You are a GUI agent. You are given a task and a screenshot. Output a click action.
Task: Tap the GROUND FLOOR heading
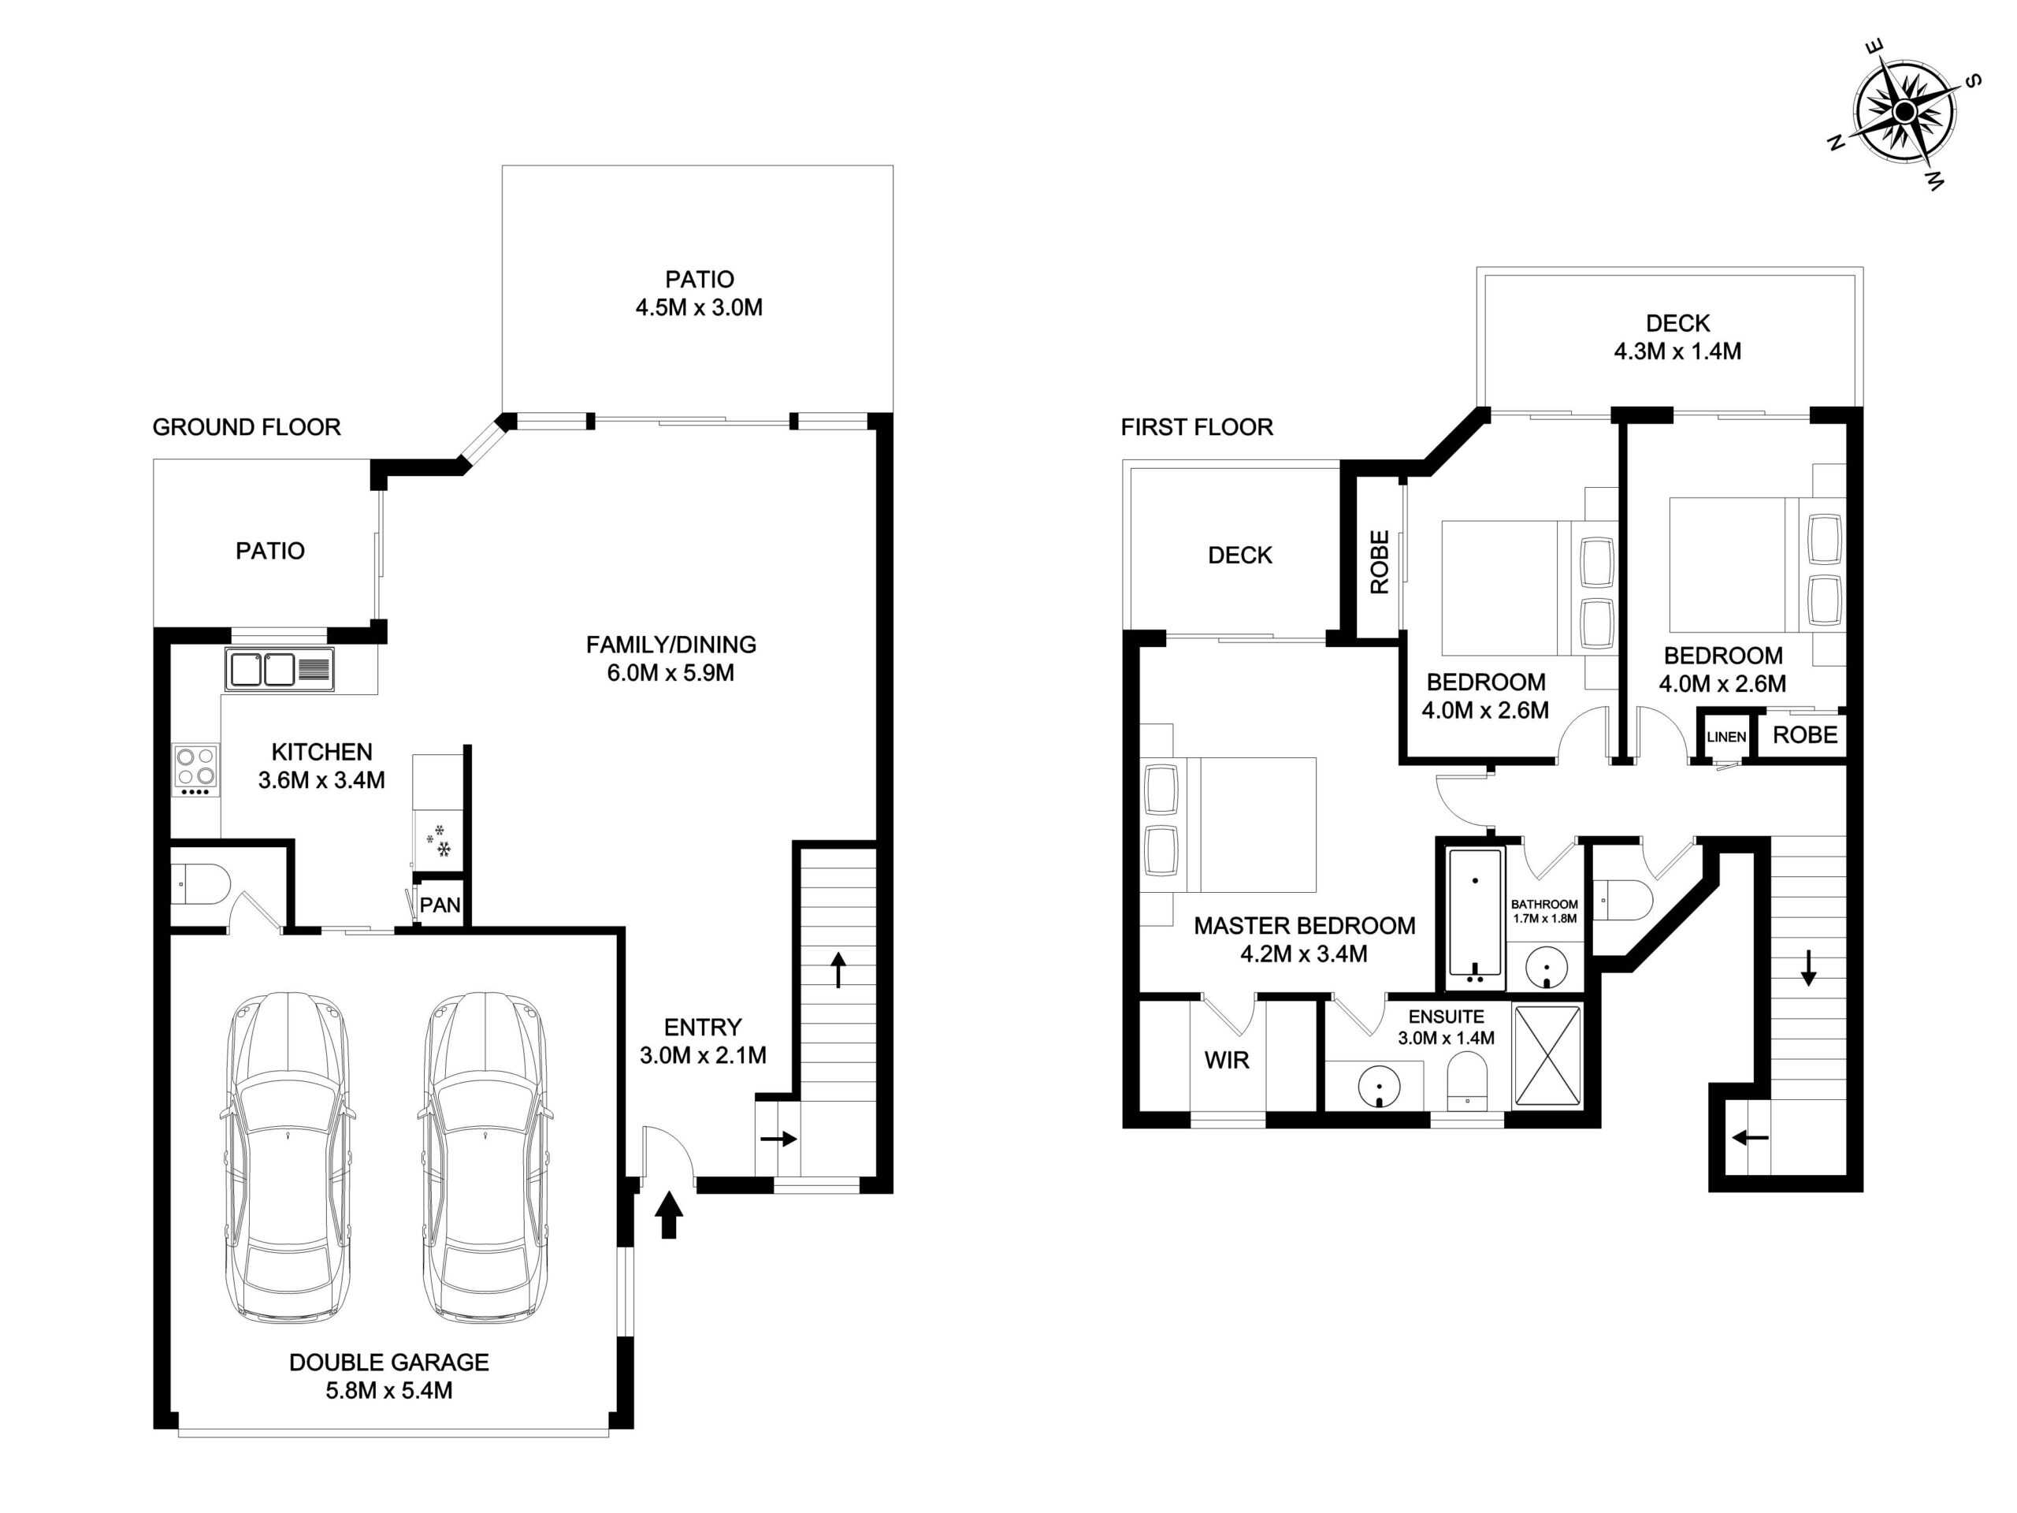[246, 427]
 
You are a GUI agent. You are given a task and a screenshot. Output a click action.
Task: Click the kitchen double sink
[279, 669]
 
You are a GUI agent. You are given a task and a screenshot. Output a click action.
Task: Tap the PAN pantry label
[440, 905]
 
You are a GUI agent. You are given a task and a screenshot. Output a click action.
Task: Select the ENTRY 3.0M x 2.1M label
[703, 1042]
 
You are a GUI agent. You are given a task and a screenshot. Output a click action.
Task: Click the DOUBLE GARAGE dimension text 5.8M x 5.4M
[389, 1391]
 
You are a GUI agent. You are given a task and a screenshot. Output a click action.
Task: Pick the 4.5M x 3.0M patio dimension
[700, 307]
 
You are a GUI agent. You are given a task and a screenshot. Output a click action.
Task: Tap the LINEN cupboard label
[1726, 737]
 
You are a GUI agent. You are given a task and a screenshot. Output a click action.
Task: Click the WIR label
[1227, 1060]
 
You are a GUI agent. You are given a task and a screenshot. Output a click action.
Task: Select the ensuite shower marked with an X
[1547, 1056]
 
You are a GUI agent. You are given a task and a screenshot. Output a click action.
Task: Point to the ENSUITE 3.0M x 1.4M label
[1447, 1027]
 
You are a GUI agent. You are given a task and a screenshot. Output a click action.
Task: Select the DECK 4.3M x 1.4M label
[1677, 337]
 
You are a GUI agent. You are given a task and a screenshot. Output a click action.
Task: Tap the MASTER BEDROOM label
[1305, 926]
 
